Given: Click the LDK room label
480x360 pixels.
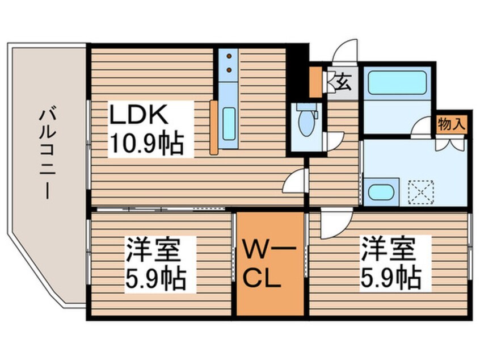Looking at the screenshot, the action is pyautogui.click(x=138, y=114).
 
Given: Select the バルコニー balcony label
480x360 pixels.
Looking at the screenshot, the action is pyautogui.click(x=48, y=152).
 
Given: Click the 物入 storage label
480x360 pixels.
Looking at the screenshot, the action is pyautogui.click(x=452, y=124).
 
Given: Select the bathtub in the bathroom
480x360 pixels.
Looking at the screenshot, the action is pyautogui.click(x=397, y=83).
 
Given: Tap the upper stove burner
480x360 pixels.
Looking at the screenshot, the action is pyautogui.click(x=229, y=56).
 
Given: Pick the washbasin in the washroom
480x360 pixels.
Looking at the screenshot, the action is pyautogui.click(x=381, y=192).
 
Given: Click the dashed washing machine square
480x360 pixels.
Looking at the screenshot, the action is pyautogui.click(x=421, y=192).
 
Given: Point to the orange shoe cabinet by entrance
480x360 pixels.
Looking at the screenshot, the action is pyautogui.click(x=315, y=82).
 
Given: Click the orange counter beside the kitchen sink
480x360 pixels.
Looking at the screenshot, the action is pyautogui.click(x=214, y=127).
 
